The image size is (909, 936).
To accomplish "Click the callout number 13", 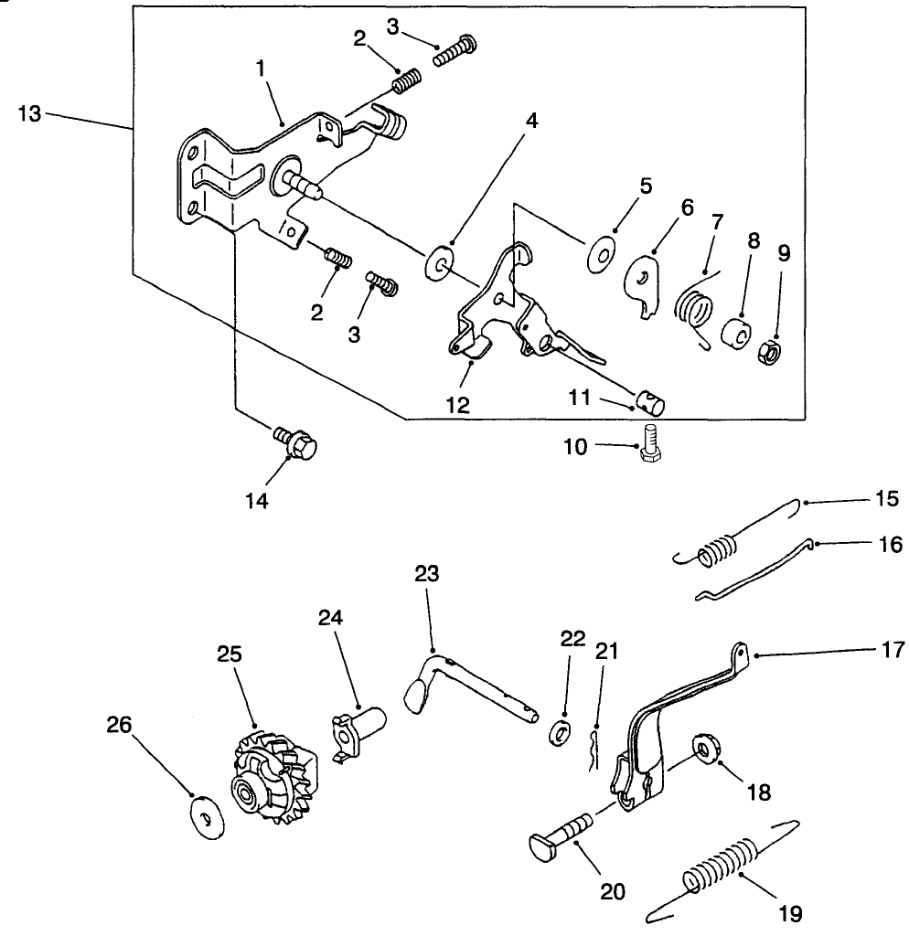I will pyautogui.click(x=29, y=113).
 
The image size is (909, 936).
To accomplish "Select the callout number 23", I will pyautogui.click(x=426, y=573).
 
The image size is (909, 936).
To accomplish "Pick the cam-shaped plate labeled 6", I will pyautogui.click(x=647, y=282).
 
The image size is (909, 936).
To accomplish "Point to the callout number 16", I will pyautogui.click(x=889, y=545).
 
